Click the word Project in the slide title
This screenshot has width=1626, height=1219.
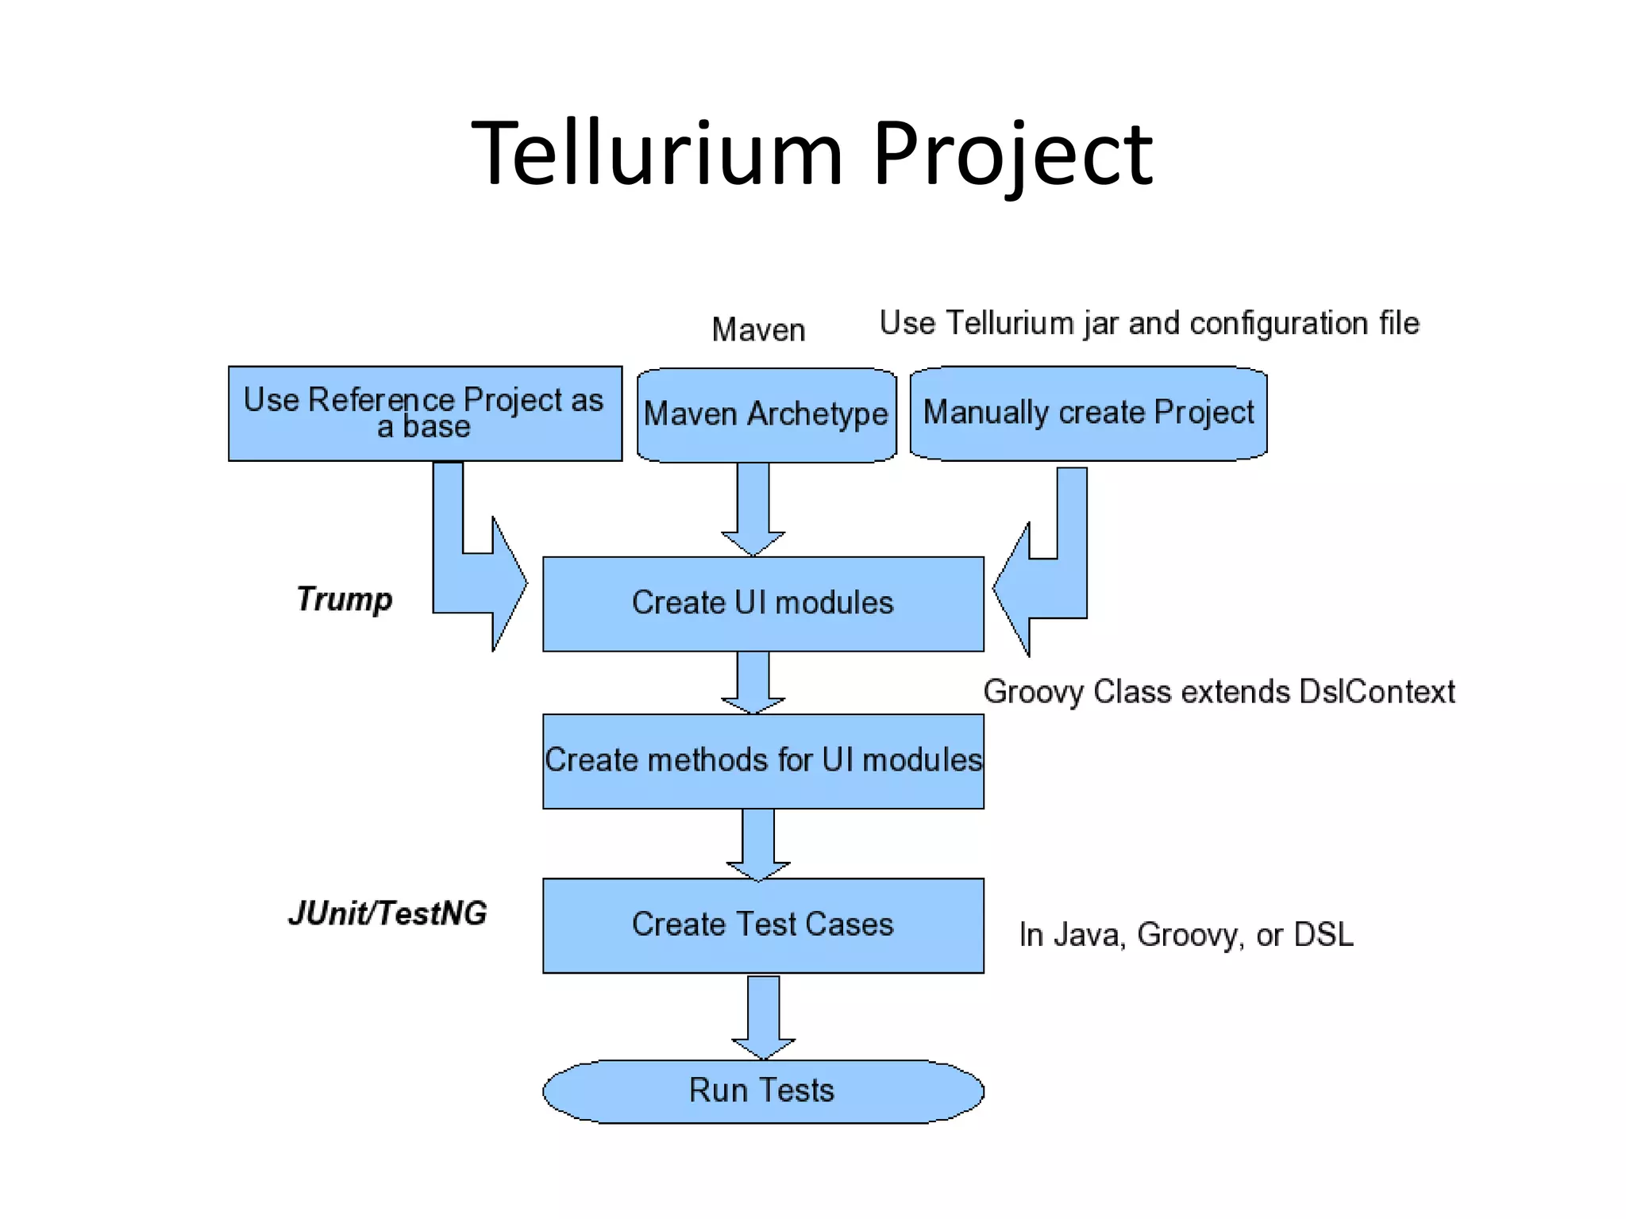(1012, 155)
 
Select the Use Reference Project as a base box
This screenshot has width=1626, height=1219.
(425, 413)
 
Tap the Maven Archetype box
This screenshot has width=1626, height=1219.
(766, 414)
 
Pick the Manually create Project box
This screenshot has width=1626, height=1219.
(1088, 413)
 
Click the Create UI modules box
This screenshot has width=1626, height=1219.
(763, 603)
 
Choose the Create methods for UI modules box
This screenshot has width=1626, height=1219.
(763, 760)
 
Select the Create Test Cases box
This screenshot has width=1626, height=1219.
(763, 925)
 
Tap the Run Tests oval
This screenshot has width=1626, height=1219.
(763, 1090)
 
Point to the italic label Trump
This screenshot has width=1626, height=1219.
(344, 599)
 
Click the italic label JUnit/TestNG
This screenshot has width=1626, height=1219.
(387, 913)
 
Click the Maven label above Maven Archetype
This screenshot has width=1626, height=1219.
(758, 329)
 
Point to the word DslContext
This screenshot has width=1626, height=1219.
(1377, 692)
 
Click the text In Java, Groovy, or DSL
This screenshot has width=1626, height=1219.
(1186, 935)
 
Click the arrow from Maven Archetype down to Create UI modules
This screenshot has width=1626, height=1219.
(753, 508)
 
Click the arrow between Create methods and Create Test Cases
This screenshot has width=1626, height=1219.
(758, 844)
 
